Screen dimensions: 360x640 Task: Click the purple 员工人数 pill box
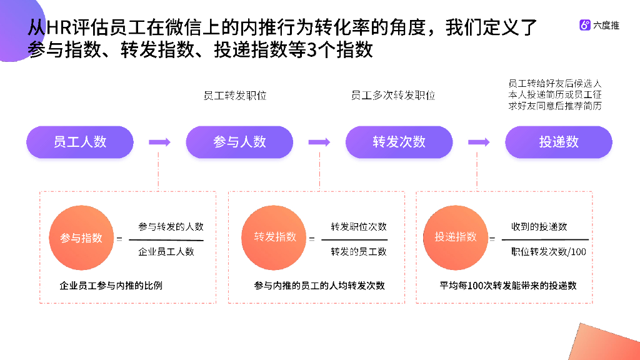(x=80, y=142)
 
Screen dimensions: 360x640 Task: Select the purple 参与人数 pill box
(x=239, y=142)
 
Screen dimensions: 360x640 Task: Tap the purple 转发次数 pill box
(x=399, y=142)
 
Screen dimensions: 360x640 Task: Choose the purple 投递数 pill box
(x=559, y=142)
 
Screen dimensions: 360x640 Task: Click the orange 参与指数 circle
(x=81, y=237)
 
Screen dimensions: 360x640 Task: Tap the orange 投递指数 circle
(x=456, y=237)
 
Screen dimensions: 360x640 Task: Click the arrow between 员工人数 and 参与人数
(x=159, y=142)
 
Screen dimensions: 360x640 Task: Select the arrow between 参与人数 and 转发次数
(x=319, y=142)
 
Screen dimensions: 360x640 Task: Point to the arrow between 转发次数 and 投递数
(x=479, y=142)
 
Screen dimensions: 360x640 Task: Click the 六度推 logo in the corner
(x=599, y=26)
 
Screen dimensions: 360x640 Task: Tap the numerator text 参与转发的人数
(x=171, y=227)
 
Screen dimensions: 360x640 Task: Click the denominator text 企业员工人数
(x=166, y=252)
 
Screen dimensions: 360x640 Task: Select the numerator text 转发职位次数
(x=359, y=226)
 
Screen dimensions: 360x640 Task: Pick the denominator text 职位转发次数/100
(x=548, y=252)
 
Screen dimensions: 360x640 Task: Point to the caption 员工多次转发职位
(x=393, y=96)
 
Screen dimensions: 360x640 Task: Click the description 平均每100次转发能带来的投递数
(x=508, y=286)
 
